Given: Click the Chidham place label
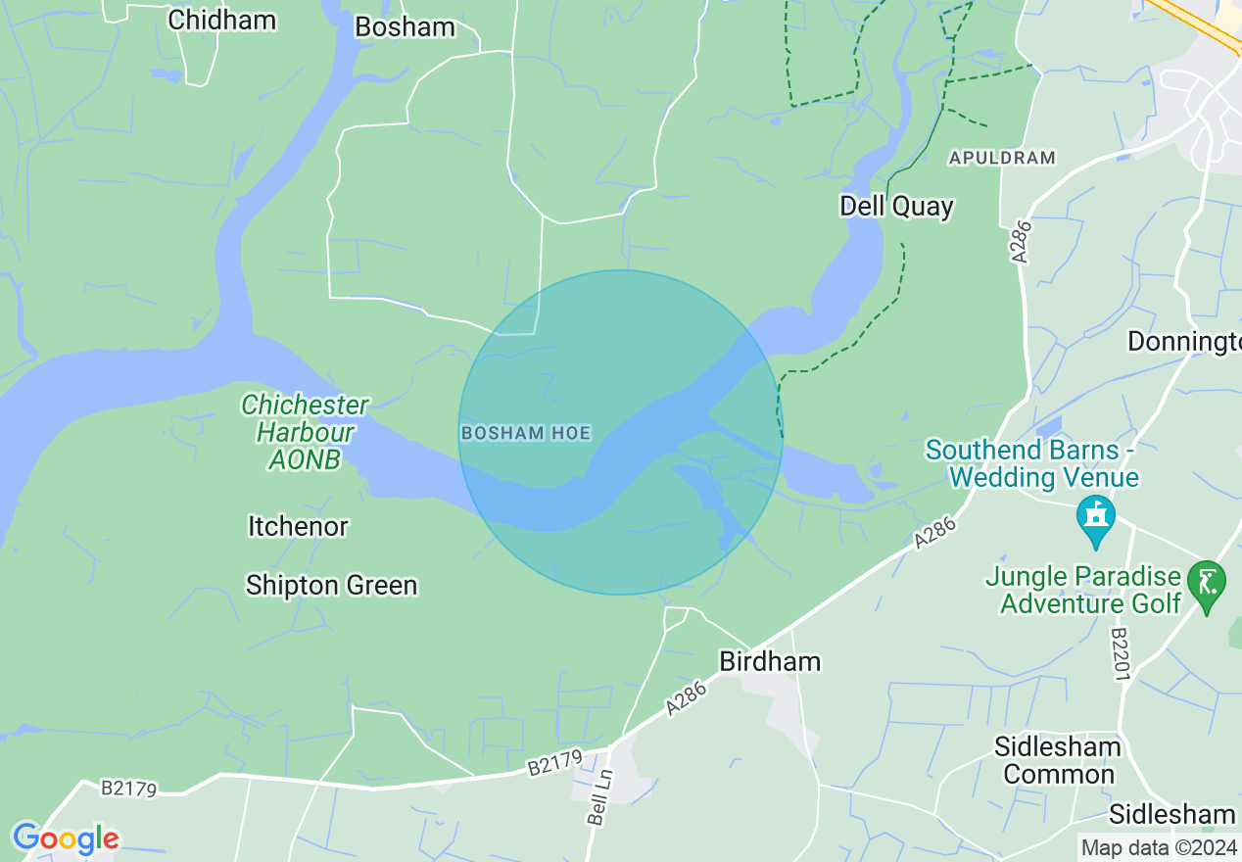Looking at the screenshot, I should pos(222,20).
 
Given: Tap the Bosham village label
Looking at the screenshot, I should pos(405,26).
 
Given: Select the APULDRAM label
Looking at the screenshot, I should pos(1002,157).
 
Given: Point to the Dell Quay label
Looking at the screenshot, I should pos(896,206).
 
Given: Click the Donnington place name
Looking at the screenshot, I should pos(1184,341).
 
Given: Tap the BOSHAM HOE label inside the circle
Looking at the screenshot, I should pos(525,432).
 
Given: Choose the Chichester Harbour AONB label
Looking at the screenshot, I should pos(305,431).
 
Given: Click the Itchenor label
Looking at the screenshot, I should pos(298,526).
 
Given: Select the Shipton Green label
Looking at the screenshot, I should pos(331,585).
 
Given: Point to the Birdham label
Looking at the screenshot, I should pos(770,661).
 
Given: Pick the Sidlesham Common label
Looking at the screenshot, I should pos(1058,760).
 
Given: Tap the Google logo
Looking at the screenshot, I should pos(65,838).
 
